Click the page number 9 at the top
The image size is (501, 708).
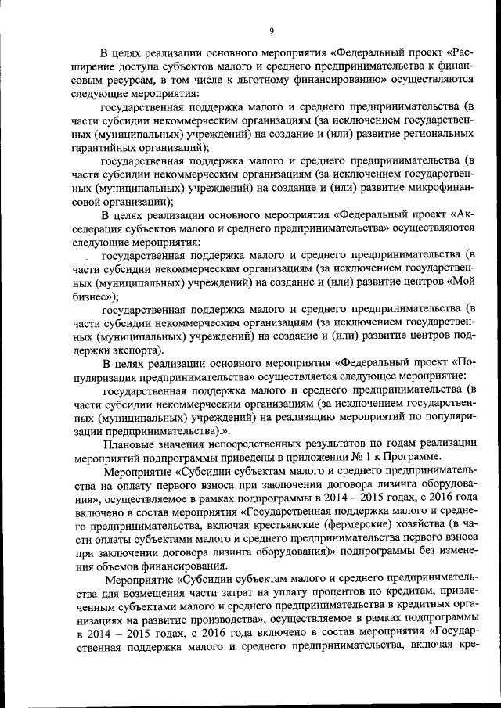pos(271,31)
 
